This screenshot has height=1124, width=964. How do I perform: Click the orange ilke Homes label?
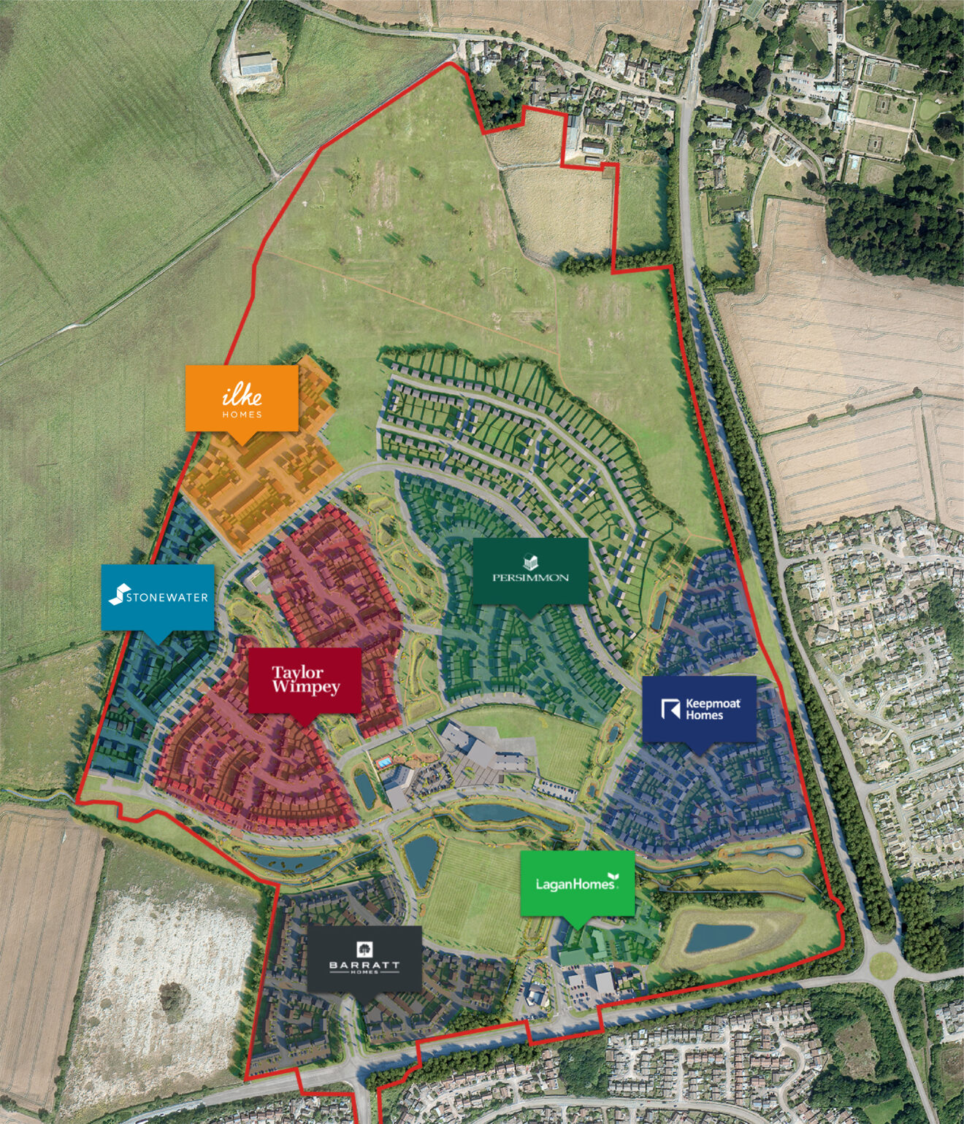tap(242, 398)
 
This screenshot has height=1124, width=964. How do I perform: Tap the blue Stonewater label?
tap(158, 596)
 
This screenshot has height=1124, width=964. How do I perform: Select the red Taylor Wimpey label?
tap(305, 680)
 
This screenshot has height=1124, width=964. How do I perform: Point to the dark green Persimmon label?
tap(530, 571)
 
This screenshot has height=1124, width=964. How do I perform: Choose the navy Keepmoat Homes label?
tap(699, 709)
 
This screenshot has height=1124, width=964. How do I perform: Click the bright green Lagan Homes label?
tap(577, 883)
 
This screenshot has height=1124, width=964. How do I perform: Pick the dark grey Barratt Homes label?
tap(364, 958)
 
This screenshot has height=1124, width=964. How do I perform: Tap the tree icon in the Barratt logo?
tap(364, 949)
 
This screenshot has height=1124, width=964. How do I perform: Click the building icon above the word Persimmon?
tap(531, 562)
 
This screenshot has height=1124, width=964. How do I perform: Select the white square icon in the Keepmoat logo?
tap(670, 709)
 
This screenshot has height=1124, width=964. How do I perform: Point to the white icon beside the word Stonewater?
tap(118, 595)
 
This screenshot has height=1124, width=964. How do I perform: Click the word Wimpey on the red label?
tap(306, 688)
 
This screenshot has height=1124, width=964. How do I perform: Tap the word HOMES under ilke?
tap(242, 415)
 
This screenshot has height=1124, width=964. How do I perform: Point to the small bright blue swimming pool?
tap(383, 762)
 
